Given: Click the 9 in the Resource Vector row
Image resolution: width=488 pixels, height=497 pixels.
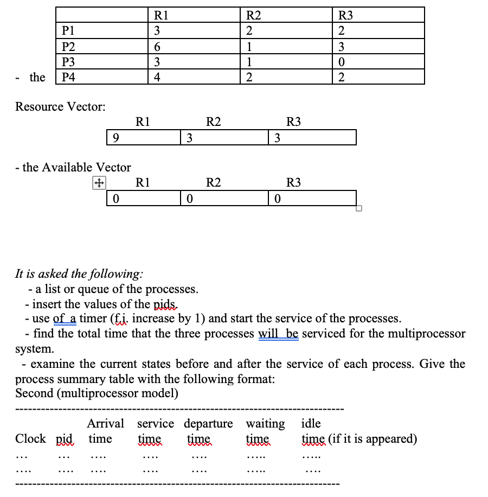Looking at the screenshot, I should click(117, 138).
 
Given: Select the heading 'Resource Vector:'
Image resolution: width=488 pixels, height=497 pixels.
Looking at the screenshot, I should click(60, 106).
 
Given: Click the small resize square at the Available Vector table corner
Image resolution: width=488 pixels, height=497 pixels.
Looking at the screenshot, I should click(358, 208).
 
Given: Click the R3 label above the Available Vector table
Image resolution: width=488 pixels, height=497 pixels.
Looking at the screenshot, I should click(293, 183).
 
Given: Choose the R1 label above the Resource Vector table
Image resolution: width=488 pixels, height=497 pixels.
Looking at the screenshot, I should click(143, 122).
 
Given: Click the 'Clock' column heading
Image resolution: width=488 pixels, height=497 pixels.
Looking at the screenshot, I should click(30, 438).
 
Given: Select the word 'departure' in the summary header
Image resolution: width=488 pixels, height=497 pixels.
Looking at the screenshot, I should click(209, 423).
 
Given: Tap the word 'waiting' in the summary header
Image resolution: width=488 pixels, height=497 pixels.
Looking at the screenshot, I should click(265, 423).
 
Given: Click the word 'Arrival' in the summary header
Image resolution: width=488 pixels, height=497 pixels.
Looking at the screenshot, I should click(106, 423).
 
